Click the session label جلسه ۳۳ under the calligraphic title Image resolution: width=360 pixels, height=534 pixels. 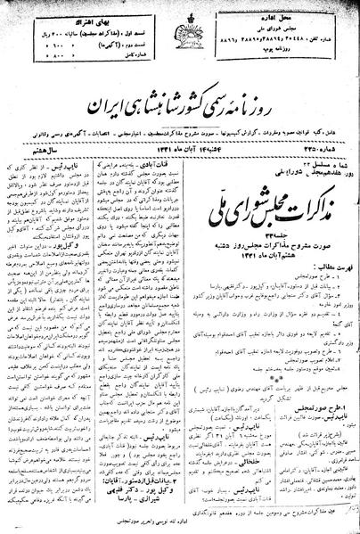click(x=294, y=206)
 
